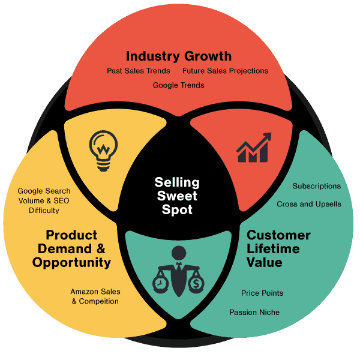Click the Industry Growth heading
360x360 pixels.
tap(179, 56)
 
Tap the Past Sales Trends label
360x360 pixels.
tap(139, 71)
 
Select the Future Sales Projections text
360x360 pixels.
tap(225, 71)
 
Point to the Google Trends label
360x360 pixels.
tap(178, 85)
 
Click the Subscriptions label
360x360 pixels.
tap(316, 186)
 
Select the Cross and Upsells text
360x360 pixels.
tap(309, 204)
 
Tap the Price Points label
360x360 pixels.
tap(262, 293)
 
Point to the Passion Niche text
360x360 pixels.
tap(254, 312)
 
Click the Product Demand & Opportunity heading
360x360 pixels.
tap(71, 248)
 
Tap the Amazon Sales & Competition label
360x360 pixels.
tap(95, 296)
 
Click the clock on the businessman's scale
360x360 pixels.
tap(160, 282)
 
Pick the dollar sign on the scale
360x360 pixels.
tap(196, 282)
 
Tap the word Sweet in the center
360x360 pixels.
tap(177, 196)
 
